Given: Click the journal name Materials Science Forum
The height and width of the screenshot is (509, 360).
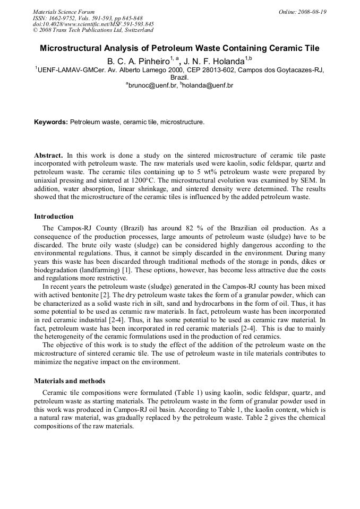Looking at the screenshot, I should [x=64, y=12].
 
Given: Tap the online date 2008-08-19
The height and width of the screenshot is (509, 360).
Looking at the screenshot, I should [x=310, y=12].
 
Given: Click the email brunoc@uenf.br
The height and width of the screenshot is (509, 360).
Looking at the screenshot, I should [x=152, y=85].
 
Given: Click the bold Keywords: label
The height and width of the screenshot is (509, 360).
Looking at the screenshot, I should [x=51, y=122].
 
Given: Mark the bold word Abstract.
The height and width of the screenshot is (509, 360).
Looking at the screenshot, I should [x=48, y=156].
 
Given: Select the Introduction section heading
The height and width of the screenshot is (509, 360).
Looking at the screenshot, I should [x=54, y=217].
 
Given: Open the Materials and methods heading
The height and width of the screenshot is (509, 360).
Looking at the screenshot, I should [x=70, y=381].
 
